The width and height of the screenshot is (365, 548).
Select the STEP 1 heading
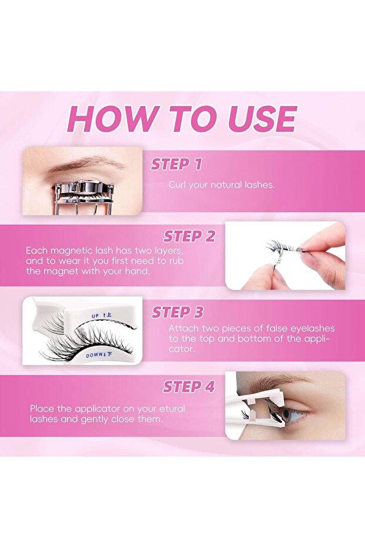(x=176, y=164)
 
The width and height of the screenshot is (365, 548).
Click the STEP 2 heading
(x=189, y=237)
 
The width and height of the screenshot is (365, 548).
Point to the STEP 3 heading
(x=178, y=313)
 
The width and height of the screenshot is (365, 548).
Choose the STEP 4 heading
(x=189, y=387)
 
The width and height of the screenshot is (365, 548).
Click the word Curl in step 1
(x=178, y=185)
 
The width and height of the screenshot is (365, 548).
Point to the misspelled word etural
(x=172, y=408)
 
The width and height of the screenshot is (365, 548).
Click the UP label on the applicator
(x=95, y=316)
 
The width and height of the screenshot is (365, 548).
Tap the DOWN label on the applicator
(x=94, y=356)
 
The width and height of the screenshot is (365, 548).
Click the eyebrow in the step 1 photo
(x=86, y=164)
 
